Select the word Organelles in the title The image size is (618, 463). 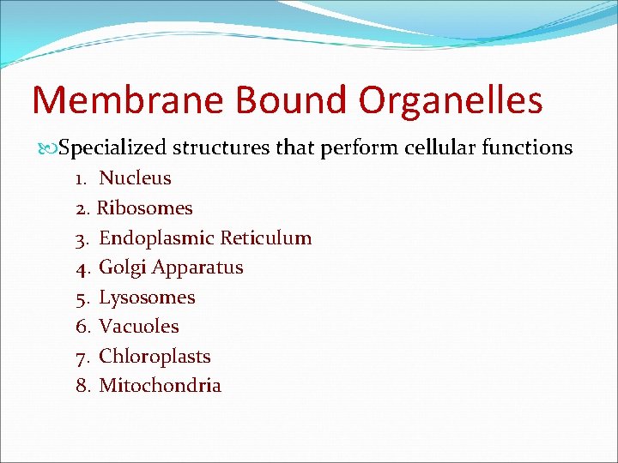tap(451, 100)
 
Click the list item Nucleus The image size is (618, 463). tap(135, 178)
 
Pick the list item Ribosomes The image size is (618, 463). tap(144, 208)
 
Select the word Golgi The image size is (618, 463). tap(123, 268)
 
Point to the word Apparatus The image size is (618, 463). tap(197, 268)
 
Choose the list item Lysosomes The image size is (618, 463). tap(147, 298)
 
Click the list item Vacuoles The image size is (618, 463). tap(139, 327)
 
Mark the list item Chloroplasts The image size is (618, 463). tap(154, 357)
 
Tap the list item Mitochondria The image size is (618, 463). tap(160, 386)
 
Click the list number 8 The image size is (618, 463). tap(82, 386)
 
